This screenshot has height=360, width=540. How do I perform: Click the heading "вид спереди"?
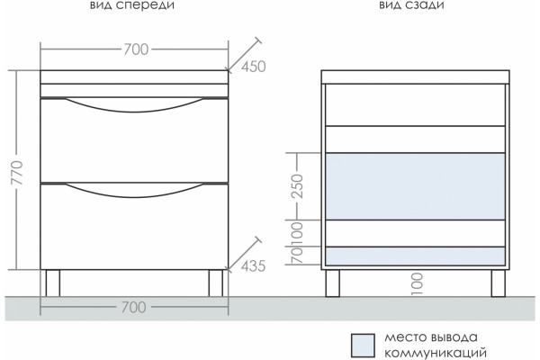point(132,5)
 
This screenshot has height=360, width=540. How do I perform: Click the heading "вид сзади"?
point(411,4)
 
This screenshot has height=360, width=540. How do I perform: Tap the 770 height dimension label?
point(17,173)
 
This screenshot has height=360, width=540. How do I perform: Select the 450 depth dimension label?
point(254,67)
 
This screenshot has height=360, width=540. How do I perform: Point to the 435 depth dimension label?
point(254,266)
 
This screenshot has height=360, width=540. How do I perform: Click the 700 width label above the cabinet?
point(136,49)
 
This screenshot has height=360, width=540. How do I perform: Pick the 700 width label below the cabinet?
point(134,307)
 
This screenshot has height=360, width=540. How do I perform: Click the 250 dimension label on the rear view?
point(297,186)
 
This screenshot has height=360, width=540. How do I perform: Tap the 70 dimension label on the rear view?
point(297,256)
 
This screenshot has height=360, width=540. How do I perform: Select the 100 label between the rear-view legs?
point(418,283)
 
